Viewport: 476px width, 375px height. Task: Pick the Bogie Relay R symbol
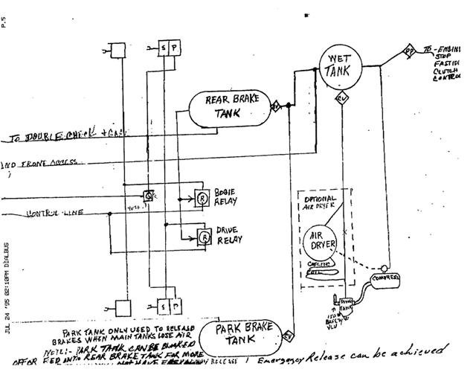[201, 197]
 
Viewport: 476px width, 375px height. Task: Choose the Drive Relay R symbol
[201, 237]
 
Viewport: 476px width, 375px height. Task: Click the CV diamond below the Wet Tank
[342, 98]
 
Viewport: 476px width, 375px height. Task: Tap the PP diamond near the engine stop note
[408, 51]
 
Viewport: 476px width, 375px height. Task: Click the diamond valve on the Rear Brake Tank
[274, 106]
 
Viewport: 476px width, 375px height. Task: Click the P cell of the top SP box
[174, 48]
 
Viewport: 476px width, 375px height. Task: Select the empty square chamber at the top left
[117, 50]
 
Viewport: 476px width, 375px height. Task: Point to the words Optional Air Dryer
[319, 203]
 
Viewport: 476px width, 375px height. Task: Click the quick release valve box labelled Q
[149, 195]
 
